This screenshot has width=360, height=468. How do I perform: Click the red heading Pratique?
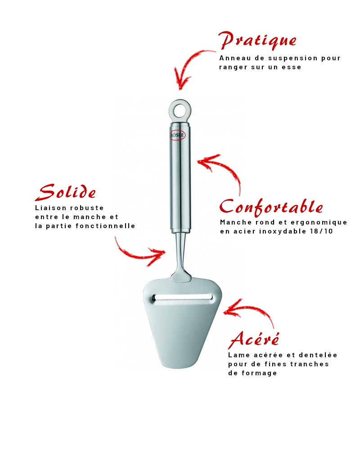pos(257,41)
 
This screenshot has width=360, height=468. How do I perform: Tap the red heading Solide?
pos(66,193)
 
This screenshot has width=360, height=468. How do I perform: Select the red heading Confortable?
pos(271,207)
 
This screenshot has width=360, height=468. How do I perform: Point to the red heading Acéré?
pos(254,339)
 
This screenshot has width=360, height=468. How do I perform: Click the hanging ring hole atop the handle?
pos(180,109)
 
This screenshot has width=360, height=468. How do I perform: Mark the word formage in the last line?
pos(260,373)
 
